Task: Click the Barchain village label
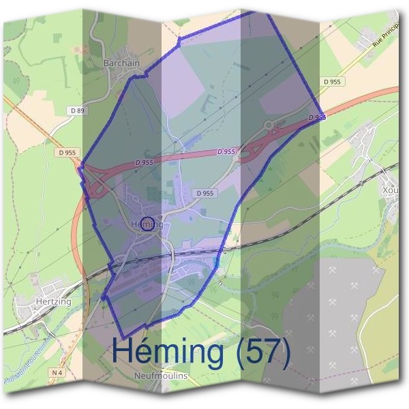coord(121,63)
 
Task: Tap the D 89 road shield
coord(77,111)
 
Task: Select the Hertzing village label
coord(50,300)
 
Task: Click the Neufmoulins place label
coord(162,376)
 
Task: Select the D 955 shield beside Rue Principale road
coord(332,82)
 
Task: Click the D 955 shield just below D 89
coord(67,153)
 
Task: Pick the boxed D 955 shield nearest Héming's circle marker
coord(204,194)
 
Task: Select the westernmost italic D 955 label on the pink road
coord(144,163)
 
